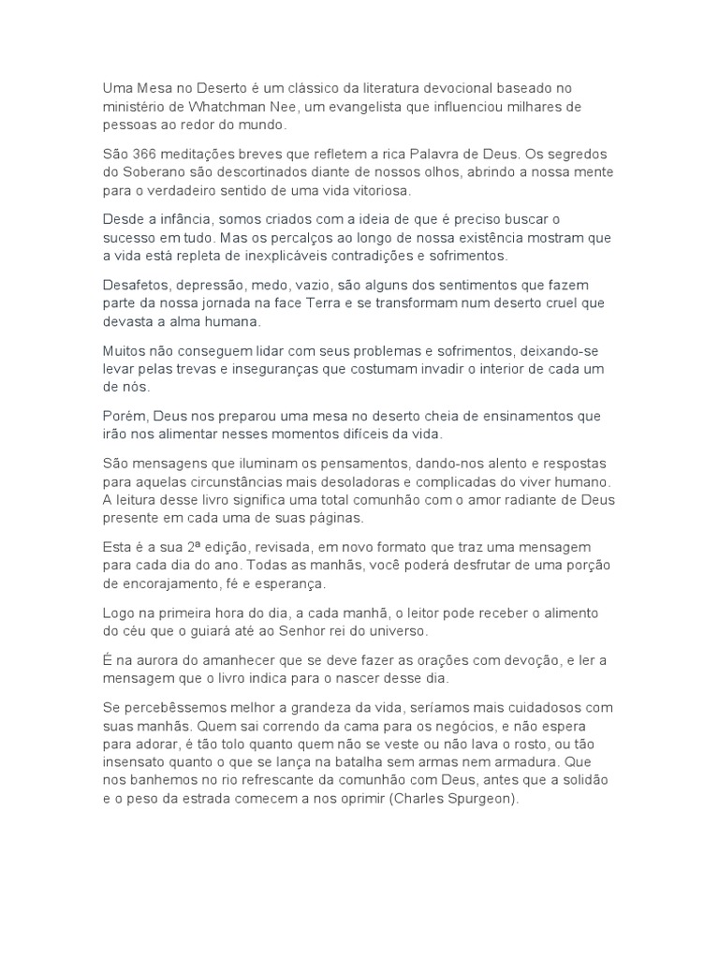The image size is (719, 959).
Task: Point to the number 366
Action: tap(143, 154)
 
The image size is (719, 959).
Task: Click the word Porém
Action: tap(123, 415)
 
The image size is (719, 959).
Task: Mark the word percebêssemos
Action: tap(170, 706)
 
